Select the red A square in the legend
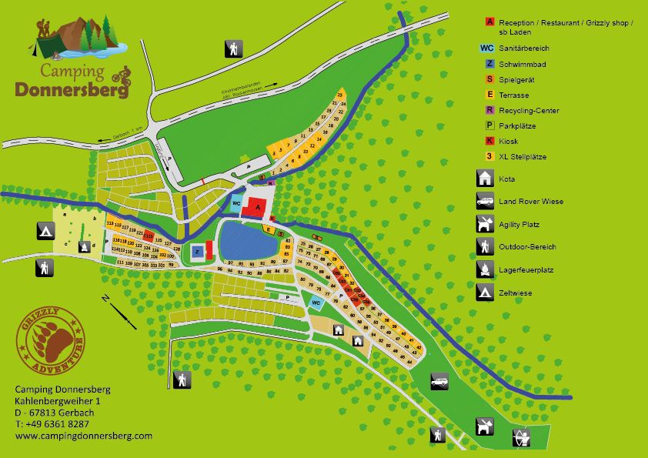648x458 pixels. coord(489,22)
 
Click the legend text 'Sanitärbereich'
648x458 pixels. coord(525,48)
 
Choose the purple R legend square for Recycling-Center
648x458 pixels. coord(489,110)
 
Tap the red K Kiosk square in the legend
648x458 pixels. coord(489,141)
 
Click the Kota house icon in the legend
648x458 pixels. coord(485,179)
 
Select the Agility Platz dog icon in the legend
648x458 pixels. coord(485,224)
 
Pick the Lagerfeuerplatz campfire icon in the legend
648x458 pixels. coord(485,269)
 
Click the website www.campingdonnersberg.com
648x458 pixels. coord(83,435)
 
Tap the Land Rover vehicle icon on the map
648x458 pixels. coord(439,380)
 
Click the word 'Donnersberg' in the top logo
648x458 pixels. coord(71,88)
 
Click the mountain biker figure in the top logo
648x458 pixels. coord(121,75)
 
